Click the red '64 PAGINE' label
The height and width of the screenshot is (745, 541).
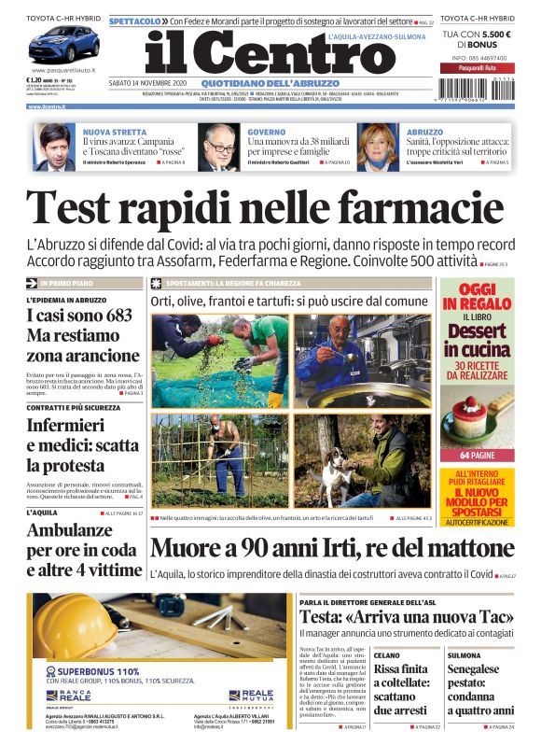[477, 456]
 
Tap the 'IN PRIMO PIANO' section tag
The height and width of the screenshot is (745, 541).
[66, 282]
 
